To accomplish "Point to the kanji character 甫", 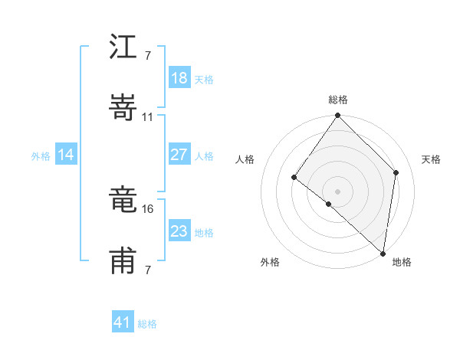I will click(x=123, y=261).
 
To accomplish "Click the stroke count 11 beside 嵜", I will click(x=148, y=117).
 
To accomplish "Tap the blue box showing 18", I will click(x=179, y=78).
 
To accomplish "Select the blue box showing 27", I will click(x=179, y=155).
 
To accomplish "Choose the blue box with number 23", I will click(x=179, y=231).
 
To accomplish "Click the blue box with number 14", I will click(x=65, y=155).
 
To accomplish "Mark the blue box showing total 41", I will click(x=123, y=322).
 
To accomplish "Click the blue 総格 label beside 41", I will click(x=147, y=324).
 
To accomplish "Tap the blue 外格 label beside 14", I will click(x=41, y=156).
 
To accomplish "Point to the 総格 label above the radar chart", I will click(x=338, y=100).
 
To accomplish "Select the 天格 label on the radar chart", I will click(x=431, y=159).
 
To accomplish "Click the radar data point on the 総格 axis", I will click(x=338, y=116).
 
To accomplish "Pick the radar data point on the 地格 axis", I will click(x=383, y=254).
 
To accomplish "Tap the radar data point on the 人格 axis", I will click(x=294, y=177).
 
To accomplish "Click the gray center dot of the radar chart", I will click(x=338, y=191).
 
